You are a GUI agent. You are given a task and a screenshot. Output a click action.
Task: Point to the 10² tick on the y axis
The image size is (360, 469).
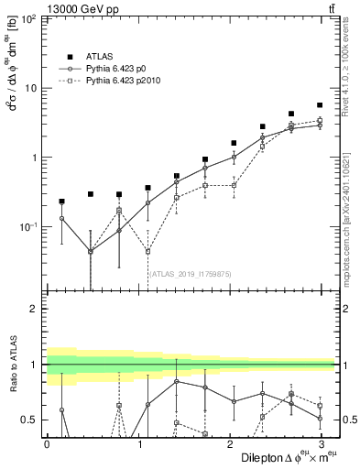tap(30, 19)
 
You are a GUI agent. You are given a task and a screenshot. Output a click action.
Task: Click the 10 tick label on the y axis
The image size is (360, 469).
tap(32, 88)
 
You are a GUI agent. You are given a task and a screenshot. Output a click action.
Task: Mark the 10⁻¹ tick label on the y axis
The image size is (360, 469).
tap(30, 226)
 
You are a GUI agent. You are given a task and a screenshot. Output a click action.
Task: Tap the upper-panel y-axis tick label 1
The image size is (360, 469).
tap(36, 158)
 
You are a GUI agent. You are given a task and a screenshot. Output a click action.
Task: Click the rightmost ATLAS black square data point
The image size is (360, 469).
tap(319, 105)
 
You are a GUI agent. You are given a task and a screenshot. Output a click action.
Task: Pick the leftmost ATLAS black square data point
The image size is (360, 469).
tap(61, 201)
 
